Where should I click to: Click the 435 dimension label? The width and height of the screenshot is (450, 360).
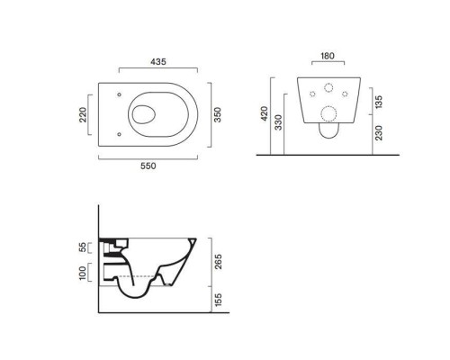click(x=158, y=62)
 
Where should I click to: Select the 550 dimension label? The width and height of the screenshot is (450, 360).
click(x=148, y=166)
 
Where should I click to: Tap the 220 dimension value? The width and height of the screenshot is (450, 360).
click(x=83, y=114)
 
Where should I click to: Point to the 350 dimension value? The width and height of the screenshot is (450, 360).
click(x=217, y=114)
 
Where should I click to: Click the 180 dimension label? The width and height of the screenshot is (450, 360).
click(x=328, y=56)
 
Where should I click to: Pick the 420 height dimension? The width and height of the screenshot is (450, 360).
click(x=265, y=113)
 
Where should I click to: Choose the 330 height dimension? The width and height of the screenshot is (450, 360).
click(x=278, y=122)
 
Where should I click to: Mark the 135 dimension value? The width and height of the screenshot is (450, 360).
click(x=379, y=102)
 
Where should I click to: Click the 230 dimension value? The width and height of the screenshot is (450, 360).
click(x=379, y=133)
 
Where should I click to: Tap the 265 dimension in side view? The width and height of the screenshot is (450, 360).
click(x=219, y=262)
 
